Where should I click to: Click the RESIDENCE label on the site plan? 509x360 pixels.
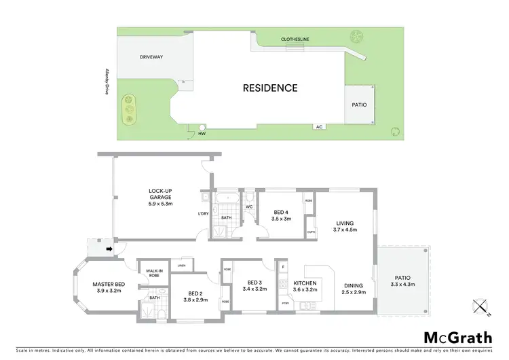pos(270,88)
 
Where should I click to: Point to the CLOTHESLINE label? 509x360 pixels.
pos(295,39)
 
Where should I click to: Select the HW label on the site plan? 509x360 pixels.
pos(202,133)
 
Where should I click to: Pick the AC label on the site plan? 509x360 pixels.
pos(318,127)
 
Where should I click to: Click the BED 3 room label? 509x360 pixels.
pos(254,283)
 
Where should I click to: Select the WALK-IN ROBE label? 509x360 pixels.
pos(154,273)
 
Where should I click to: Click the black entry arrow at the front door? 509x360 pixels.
pos(108,249)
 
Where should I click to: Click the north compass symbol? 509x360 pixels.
pos(481,308)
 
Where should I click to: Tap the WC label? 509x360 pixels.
pos(249,206)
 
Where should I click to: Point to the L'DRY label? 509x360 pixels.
pos(203,215)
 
